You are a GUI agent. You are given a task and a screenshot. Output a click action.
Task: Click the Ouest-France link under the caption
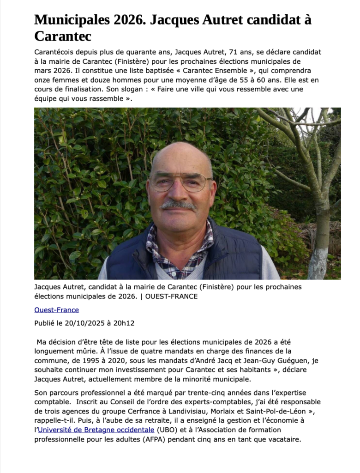[56, 310]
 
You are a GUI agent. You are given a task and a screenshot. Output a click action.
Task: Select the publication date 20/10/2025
[89, 323]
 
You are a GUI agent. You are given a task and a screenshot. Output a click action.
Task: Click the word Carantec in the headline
[63, 36]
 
